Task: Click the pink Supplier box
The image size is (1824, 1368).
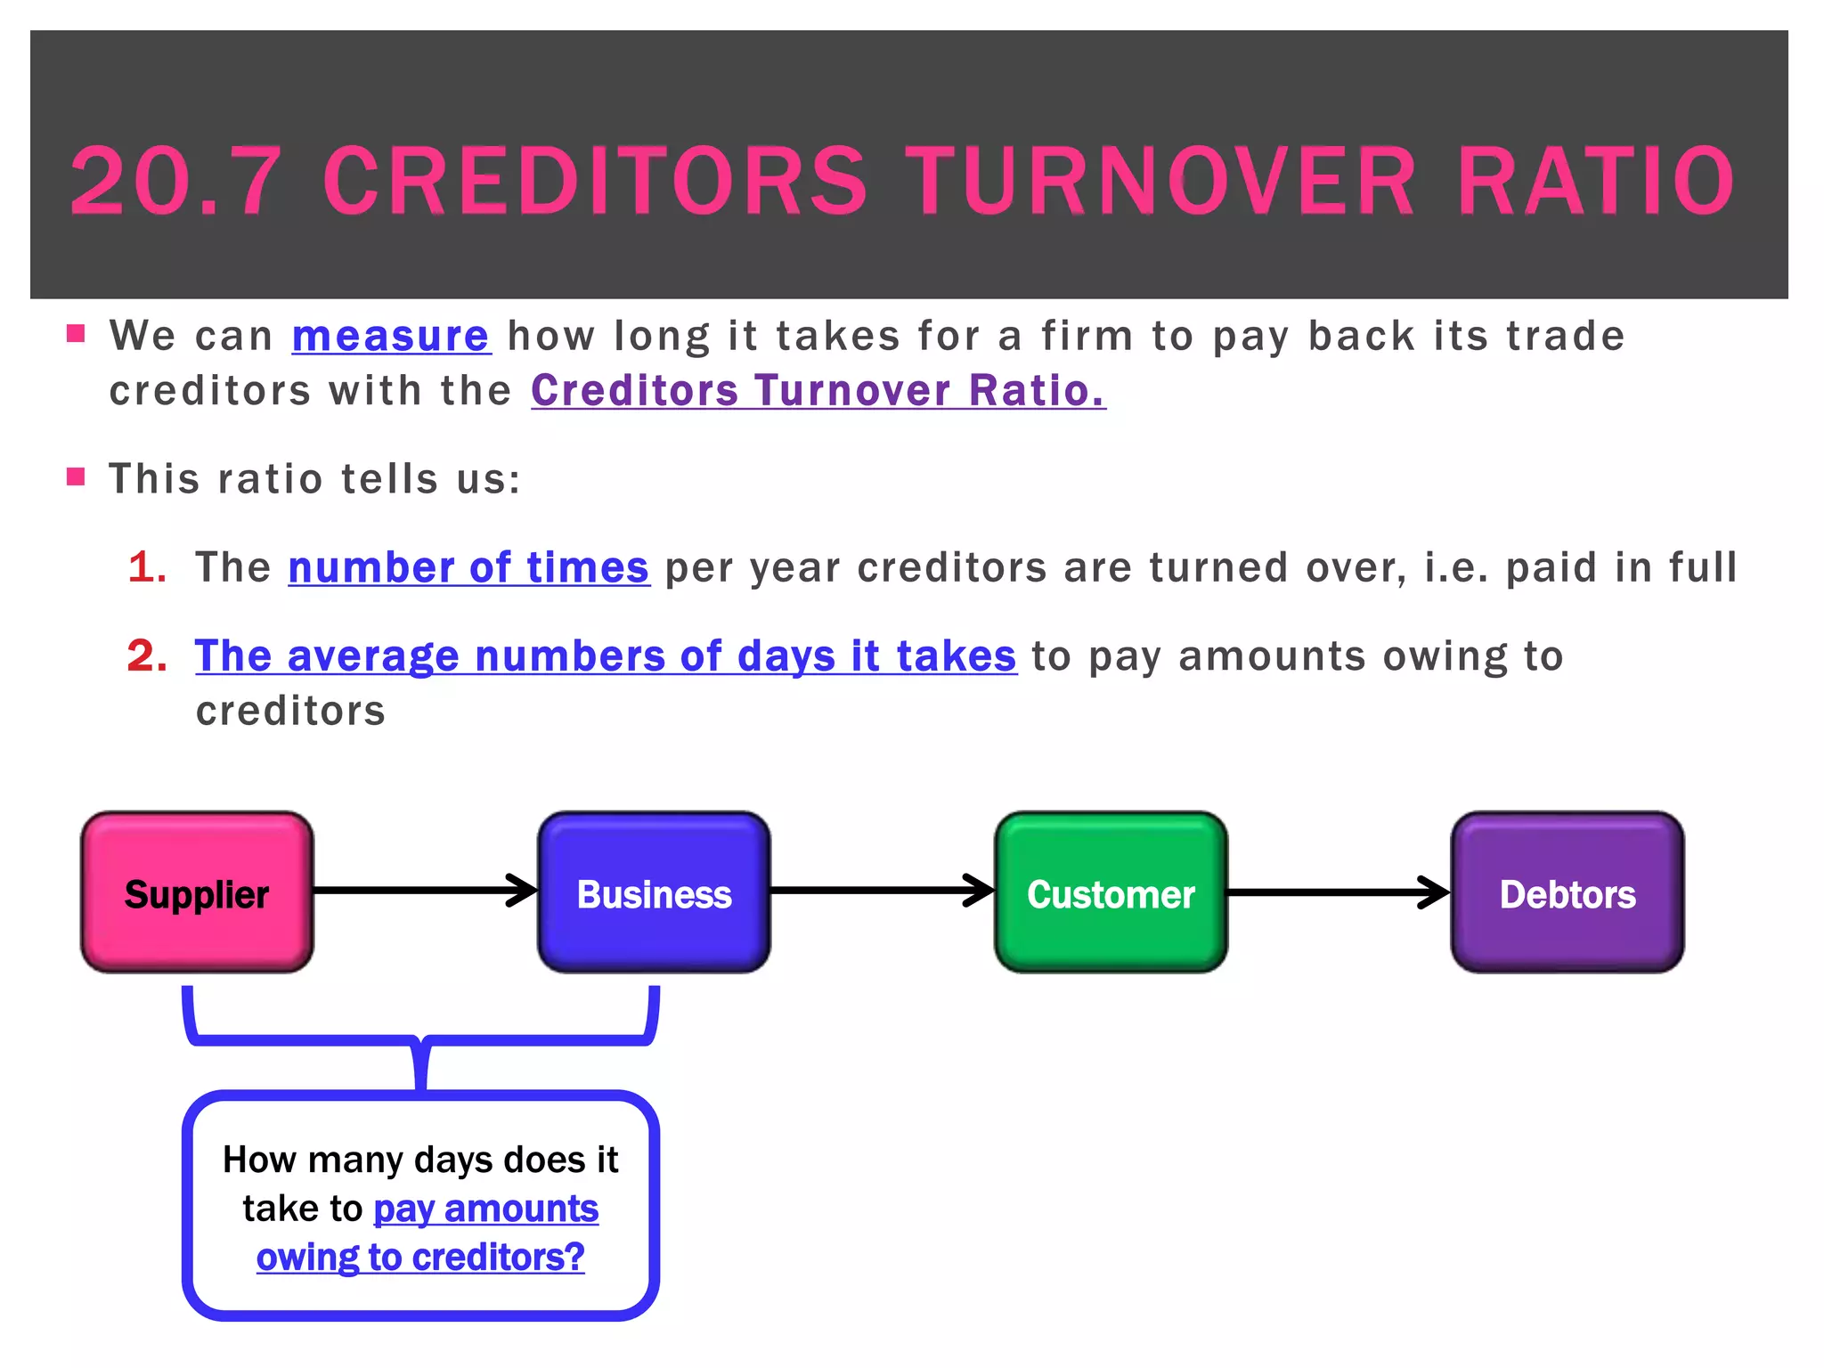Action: [197, 892]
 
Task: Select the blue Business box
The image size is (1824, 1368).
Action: [654, 892]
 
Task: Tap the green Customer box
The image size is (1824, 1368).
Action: [1111, 892]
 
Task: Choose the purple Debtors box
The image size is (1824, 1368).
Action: [1567, 892]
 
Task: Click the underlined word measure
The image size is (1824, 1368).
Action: [391, 337]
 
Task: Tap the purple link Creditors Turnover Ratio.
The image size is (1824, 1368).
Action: [818, 391]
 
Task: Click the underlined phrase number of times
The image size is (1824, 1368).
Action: [468, 567]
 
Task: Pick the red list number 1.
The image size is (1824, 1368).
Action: [147, 567]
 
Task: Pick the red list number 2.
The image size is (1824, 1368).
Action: [147, 656]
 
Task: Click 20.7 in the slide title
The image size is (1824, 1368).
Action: [175, 182]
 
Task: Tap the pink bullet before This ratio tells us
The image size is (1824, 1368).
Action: [76, 476]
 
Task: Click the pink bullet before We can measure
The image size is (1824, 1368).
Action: [76, 335]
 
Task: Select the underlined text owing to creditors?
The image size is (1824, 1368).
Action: [420, 1258]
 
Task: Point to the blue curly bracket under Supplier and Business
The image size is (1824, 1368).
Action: [420, 1038]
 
